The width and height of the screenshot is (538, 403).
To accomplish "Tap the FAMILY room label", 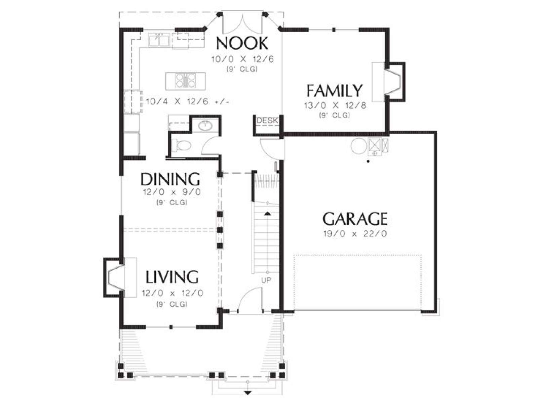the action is (334, 90).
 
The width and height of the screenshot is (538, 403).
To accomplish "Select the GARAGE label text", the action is (355, 219).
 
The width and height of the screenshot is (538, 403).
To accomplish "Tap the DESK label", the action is (267, 120).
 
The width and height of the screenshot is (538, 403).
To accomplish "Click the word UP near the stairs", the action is (266, 280).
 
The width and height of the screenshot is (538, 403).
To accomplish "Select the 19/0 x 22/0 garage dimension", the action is (355, 234).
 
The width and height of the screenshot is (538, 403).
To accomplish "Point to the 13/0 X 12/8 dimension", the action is (335, 105).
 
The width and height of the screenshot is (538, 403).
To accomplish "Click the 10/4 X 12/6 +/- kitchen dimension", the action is (188, 101).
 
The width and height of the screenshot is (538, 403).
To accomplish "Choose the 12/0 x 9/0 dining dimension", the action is (172, 192).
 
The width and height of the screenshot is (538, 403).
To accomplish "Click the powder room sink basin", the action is (205, 126).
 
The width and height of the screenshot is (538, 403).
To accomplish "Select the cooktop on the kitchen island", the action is (186, 81).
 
